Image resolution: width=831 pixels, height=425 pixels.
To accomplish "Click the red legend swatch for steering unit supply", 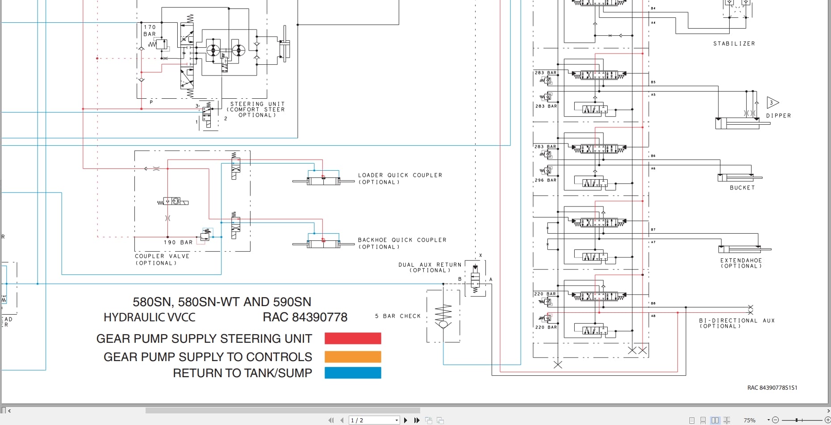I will click(353, 338).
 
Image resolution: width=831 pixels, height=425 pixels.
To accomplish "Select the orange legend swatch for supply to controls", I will click(353, 357).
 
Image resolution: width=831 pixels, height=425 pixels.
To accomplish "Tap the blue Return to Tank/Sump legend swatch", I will click(353, 373).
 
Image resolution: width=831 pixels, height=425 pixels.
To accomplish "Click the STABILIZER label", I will click(734, 44).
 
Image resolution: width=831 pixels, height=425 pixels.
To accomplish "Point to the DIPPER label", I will click(778, 116).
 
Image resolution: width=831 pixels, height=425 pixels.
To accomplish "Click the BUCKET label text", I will click(742, 188).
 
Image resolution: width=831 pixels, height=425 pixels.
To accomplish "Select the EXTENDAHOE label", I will click(741, 261).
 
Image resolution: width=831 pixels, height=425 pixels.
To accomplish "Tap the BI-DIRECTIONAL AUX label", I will click(736, 321).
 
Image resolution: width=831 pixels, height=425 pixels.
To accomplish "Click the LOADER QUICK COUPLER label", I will click(400, 176).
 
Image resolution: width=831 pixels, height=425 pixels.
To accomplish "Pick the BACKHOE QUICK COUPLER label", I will click(402, 240).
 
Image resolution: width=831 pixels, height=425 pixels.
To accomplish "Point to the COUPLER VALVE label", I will click(162, 257).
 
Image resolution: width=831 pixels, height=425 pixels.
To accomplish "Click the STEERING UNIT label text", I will click(257, 104).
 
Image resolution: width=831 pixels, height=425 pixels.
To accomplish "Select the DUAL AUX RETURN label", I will click(430, 265).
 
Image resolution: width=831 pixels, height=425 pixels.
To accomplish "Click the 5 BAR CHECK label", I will click(398, 316).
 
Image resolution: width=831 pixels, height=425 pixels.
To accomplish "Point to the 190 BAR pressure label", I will click(178, 243).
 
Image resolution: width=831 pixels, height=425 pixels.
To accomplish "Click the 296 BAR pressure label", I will click(546, 181).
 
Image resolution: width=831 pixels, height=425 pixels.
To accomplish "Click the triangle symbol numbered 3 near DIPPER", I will click(772, 103).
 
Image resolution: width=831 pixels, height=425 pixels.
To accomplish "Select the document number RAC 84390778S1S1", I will click(772, 388).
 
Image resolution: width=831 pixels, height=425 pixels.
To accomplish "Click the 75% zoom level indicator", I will click(749, 421).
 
